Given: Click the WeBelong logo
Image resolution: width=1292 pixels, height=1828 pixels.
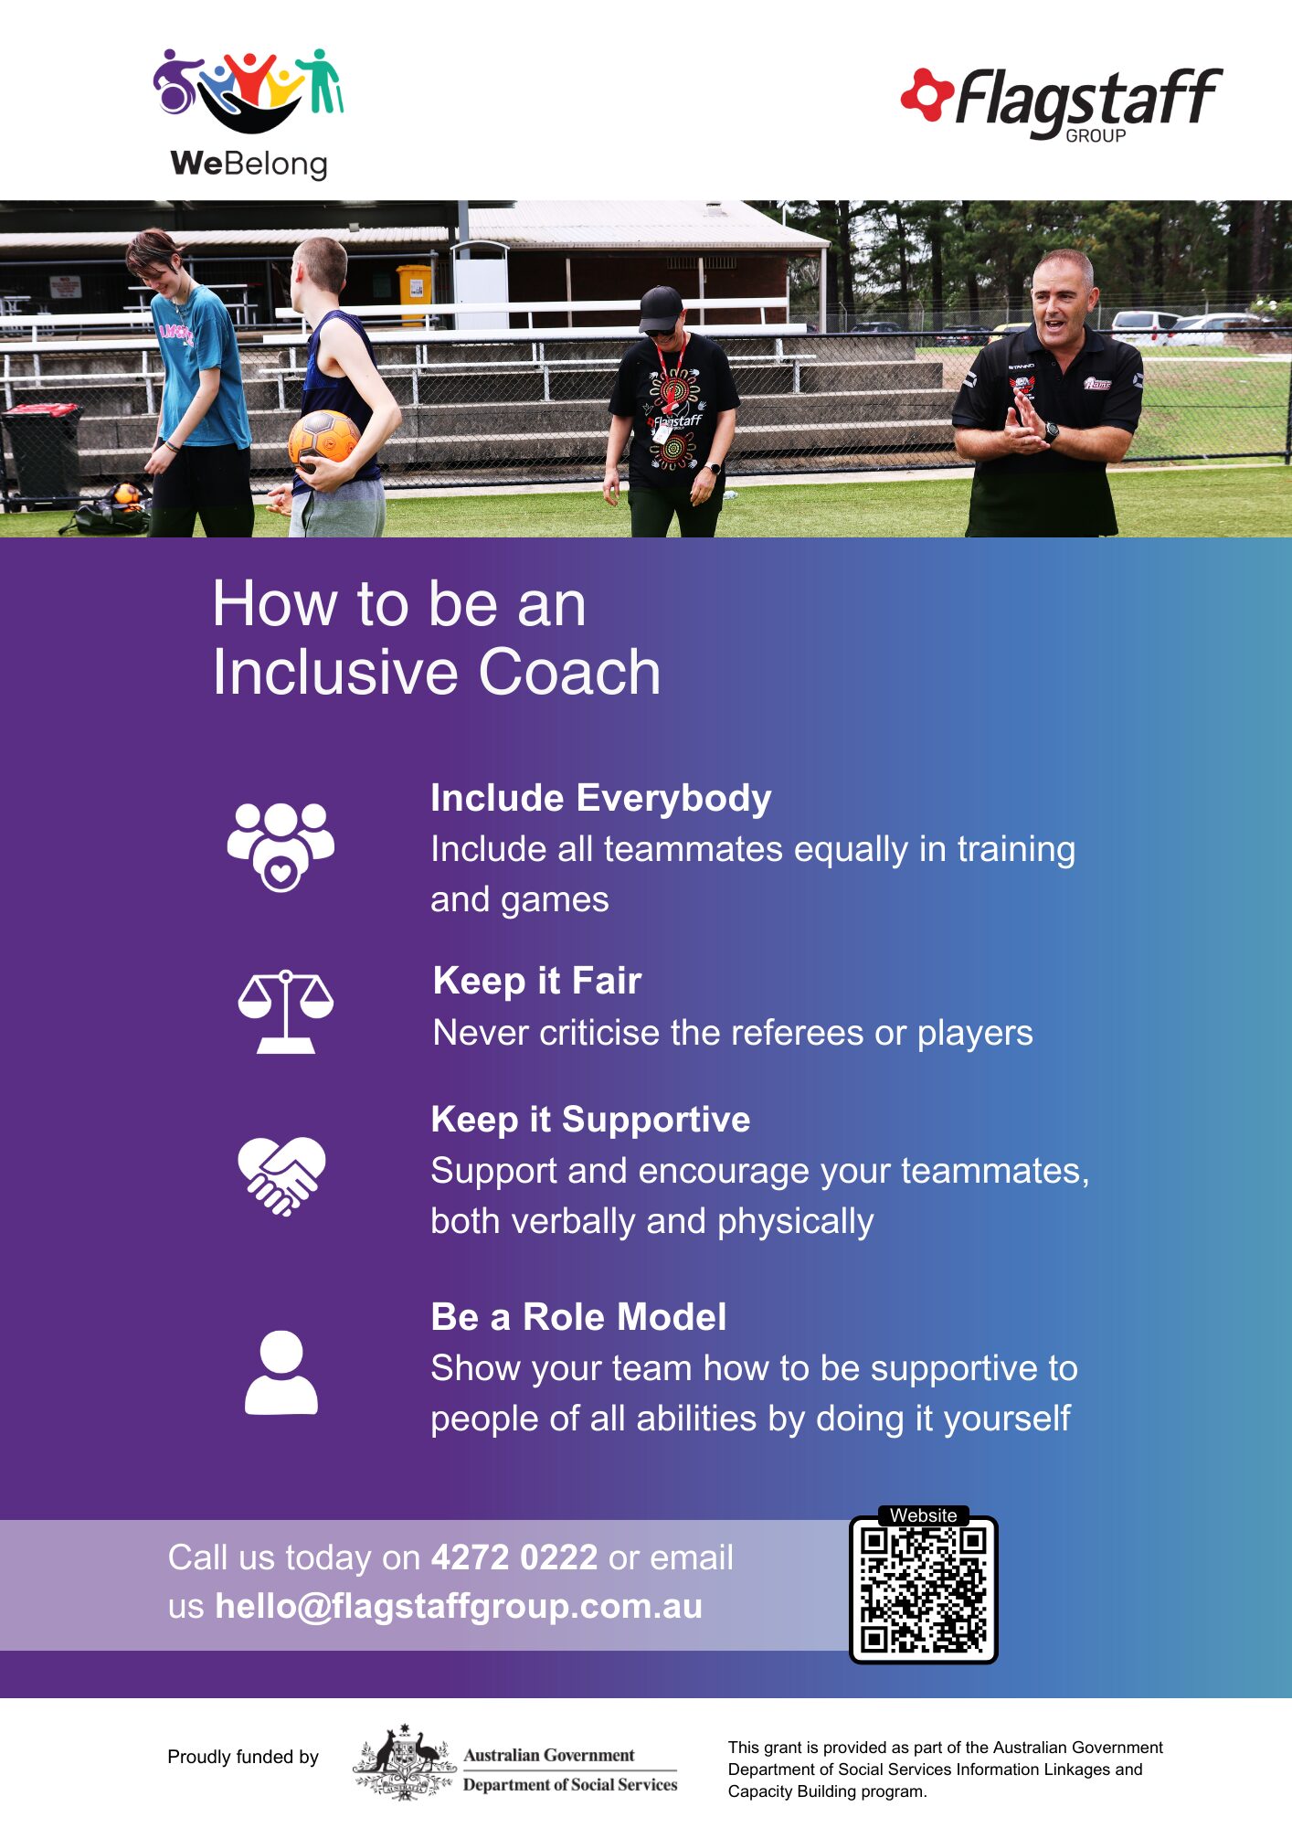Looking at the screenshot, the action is (249, 113).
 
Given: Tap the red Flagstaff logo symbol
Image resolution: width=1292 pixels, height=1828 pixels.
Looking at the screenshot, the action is (927, 94).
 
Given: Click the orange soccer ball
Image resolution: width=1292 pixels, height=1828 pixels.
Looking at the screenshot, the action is (323, 439).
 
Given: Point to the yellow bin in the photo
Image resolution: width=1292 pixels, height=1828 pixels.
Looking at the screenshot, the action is (414, 293).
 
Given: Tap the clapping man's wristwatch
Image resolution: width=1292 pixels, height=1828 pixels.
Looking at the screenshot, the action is (1051, 432).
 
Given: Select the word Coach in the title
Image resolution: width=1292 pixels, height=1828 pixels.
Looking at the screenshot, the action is (569, 672).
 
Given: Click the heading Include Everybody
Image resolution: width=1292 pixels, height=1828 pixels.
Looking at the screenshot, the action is (600, 798).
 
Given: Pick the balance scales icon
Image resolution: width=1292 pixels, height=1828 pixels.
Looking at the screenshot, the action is (285, 1012).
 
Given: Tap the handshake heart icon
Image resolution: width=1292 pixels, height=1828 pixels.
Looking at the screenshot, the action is (281, 1175).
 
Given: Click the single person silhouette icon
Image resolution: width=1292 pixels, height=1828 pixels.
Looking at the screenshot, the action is (281, 1372).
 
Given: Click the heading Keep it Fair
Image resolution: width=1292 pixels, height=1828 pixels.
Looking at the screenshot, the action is (537, 981).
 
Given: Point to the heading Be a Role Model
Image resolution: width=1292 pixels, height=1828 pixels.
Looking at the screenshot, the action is (578, 1317).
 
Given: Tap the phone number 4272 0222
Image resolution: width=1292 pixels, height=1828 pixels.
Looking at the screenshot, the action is (514, 1557).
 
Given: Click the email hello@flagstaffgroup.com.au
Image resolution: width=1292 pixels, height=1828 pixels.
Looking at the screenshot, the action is (459, 1606).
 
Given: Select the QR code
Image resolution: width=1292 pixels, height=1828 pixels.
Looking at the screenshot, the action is (923, 1590).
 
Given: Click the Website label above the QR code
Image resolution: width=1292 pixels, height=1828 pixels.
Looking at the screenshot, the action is (923, 1515).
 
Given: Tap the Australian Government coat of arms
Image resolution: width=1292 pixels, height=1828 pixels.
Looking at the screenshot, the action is (404, 1762).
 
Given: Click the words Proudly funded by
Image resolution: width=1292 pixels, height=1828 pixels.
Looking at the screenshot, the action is (243, 1757).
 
